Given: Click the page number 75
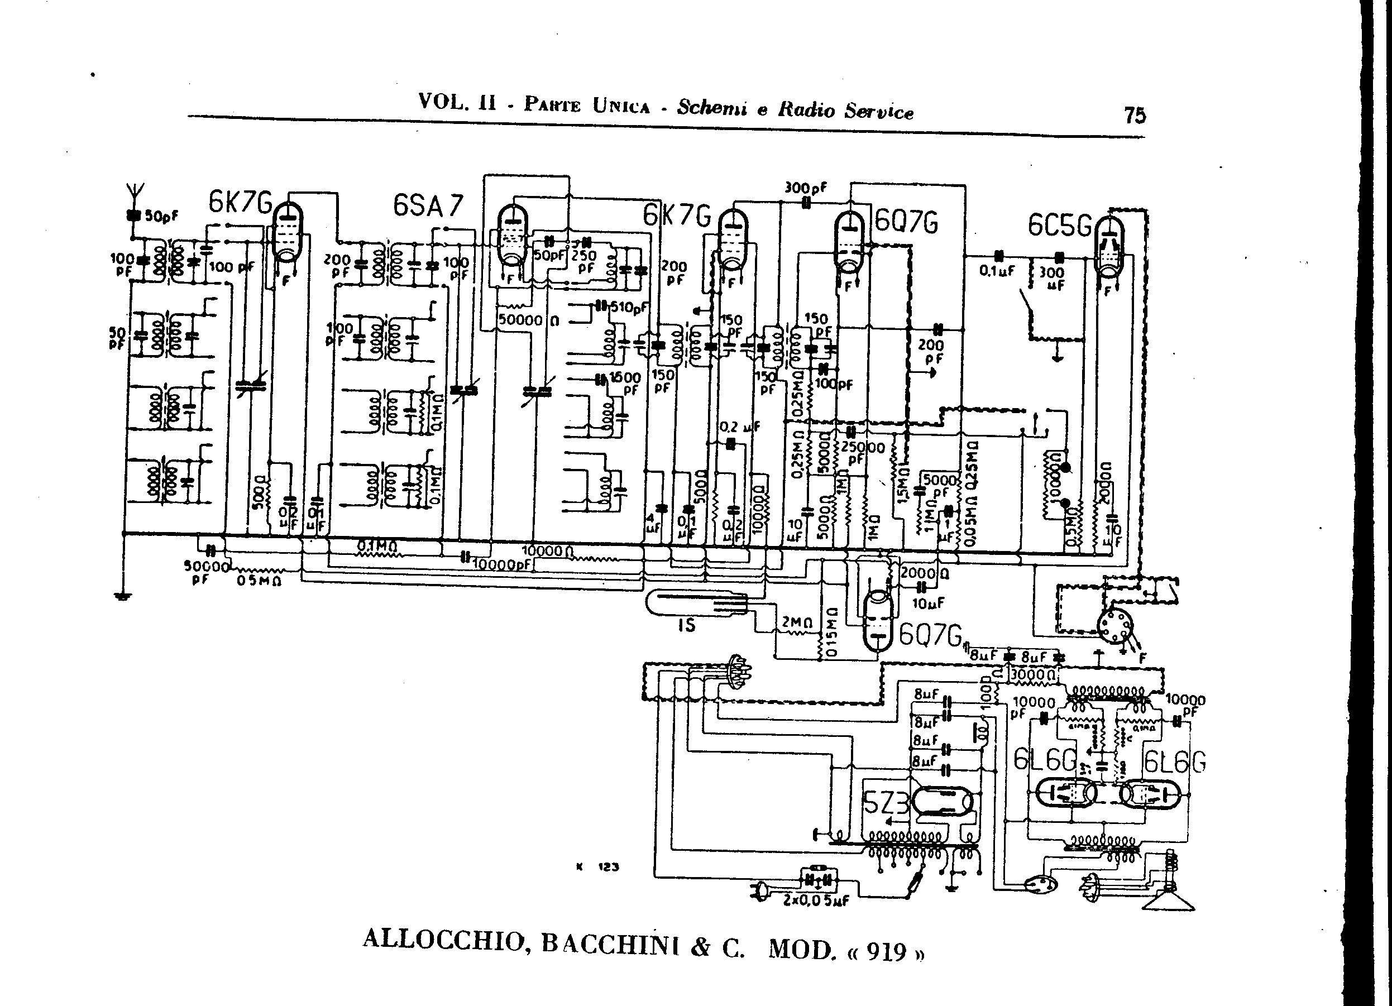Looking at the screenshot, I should click(x=1135, y=115).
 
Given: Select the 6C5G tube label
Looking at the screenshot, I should click(x=1060, y=226).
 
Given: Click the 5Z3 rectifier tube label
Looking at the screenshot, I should click(x=886, y=802).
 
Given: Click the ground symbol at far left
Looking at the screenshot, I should click(x=123, y=595).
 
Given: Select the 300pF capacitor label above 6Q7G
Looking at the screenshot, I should click(x=805, y=188).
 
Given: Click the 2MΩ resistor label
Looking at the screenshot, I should click(x=797, y=622).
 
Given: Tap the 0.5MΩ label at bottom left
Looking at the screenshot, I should click(x=259, y=581).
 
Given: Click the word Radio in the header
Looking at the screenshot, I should click(x=806, y=111).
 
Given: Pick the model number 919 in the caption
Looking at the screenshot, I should click(x=886, y=951).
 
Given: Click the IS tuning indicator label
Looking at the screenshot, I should click(x=686, y=625).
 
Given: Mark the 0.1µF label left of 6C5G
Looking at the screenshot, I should click(x=997, y=270).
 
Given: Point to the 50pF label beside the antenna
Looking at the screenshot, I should click(x=161, y=216).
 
